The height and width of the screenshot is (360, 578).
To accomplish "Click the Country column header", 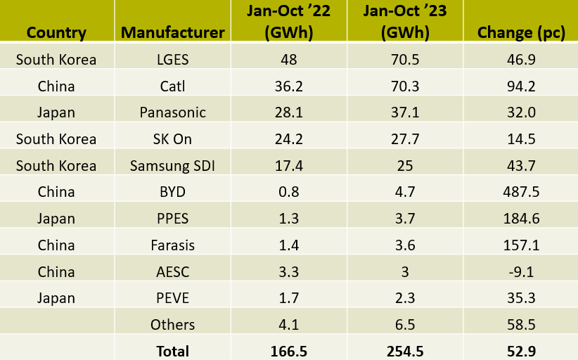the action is pyautogui.click(x=56, y=32).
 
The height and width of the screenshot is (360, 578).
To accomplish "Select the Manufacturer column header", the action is pyautogui.click(x=173, y=32).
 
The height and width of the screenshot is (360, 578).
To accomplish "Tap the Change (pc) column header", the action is pyautogui.click(x=521, y=32).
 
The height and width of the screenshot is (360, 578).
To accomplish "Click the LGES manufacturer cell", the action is pyautogui.click(x=173, y=60).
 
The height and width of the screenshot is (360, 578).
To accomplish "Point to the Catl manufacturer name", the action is pyautogui.click(x=172, y=86).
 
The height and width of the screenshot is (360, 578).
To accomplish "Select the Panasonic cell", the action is pyautogui.click(x=172, y=112).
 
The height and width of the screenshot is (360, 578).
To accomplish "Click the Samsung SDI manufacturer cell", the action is pyautogui.click(x=172, y=166).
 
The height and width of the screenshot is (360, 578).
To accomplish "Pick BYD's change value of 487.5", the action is pyautogui.click(x=521, y=192).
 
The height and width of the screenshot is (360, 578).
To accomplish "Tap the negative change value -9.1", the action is pyautogui.click(x=521, y=272).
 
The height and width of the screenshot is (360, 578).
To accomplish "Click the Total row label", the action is pyautogui.click(x=172, y=351).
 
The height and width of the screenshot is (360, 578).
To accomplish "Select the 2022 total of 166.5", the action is pyautogui.click(x=288, y=351).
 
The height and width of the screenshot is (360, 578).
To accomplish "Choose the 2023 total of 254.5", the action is pyautogui.click(x=405, y=351).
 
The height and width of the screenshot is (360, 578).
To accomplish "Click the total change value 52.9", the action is pyautogui.click(x=521, y=351).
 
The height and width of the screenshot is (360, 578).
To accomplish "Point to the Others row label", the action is pyautogui.click(x=172, y=325).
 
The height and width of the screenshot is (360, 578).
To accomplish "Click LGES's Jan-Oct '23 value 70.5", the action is pyautogui.click(x=405, y=60).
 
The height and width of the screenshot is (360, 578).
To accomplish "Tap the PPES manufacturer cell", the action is pyautogui.click(x=173, y=219).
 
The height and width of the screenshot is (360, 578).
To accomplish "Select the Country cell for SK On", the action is pyautogui.click(x=56, y=139).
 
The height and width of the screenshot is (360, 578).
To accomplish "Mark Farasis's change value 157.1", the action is pyautogui.click(x=521, y=245).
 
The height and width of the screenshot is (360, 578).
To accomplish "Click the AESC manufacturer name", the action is pyautogui.click(x=172, y=272).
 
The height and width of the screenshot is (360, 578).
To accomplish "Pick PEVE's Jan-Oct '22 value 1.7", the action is pyautogui.click(x=288, y=298).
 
